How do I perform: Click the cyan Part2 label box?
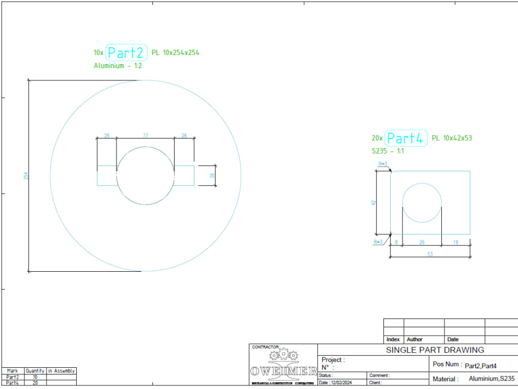[127, 52]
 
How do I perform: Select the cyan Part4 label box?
[406, 138]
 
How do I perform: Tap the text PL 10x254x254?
[176, 52]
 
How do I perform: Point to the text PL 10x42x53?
[452, 138]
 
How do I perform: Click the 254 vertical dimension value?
[25, 176]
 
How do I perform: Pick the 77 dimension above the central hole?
[145, 135]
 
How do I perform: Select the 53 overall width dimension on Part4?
[430, 254]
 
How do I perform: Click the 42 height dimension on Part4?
[373, 203]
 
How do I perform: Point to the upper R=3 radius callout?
[383, 164]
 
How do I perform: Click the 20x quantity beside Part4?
[377, 138]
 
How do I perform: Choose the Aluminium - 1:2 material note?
[118, 66]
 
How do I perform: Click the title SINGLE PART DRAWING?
[435, 350]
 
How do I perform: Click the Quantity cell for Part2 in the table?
[35, 377]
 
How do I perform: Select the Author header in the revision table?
[415, 339]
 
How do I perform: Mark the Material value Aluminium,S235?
[492, 379]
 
